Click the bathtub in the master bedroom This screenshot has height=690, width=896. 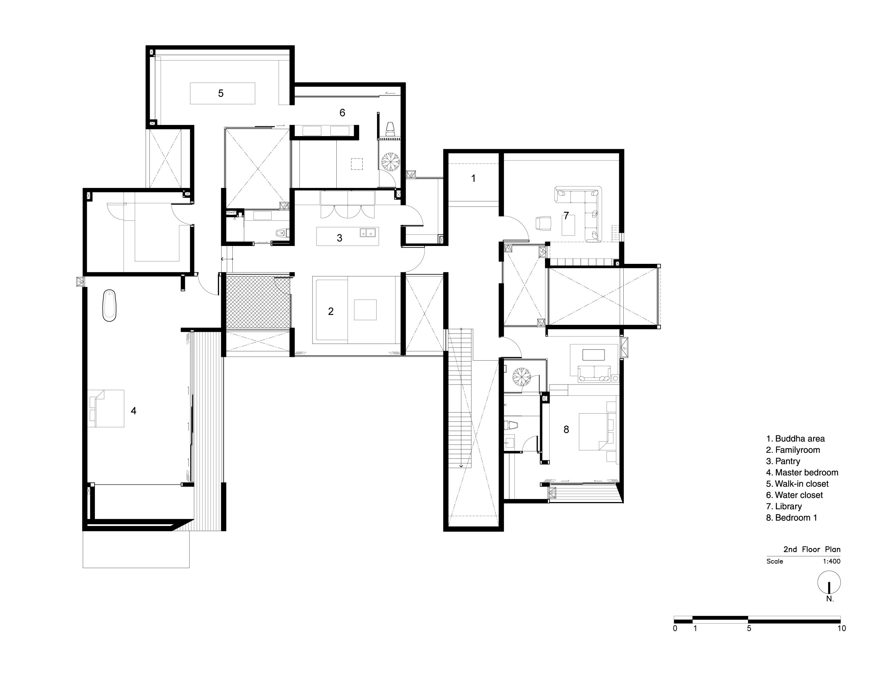109,305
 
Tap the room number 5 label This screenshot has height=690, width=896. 221,93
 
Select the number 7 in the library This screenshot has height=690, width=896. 566,216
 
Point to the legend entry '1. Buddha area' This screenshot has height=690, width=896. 795,438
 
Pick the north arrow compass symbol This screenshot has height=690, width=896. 829,583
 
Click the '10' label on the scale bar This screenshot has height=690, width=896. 841,628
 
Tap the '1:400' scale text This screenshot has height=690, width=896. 831,561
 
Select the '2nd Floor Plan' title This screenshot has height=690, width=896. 812,549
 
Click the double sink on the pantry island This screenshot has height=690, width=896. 367,233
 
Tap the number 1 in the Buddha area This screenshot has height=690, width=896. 474,178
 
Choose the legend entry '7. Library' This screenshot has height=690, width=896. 784,507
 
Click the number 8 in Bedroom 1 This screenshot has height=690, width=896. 566,430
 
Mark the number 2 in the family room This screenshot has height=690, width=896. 331,312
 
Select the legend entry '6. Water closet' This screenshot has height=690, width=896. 794,495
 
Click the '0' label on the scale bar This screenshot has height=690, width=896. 675,628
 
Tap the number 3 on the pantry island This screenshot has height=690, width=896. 339,238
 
